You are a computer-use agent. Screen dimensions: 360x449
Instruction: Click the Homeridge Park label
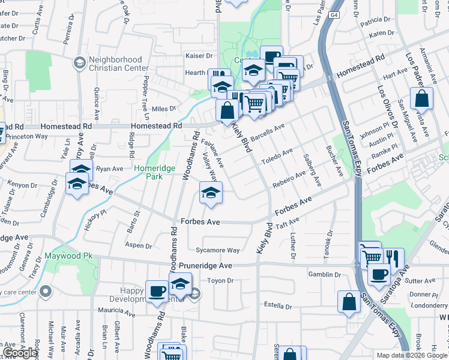click(x=154, y=173)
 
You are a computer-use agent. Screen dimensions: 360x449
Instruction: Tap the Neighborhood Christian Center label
click(x=116, y=64)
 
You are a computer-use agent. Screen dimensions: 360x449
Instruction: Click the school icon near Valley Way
click(x=211, y=193)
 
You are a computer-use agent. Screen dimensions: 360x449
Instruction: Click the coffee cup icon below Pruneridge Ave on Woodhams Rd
click(x=157, y=292)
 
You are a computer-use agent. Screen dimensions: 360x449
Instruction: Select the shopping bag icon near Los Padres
click(x=422, y=99)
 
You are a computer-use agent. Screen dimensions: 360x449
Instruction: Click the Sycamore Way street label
click(x=217, y=250)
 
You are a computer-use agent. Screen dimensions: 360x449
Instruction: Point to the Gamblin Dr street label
click(x=324, y=274)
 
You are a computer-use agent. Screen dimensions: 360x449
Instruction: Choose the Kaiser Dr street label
click(x=199, y=56)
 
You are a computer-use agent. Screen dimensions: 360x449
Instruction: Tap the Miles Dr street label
click(x=164, y=109)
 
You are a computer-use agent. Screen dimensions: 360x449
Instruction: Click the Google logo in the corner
click(x=20, y=353)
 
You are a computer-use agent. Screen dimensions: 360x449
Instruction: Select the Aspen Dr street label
click(x=139, y=245)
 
